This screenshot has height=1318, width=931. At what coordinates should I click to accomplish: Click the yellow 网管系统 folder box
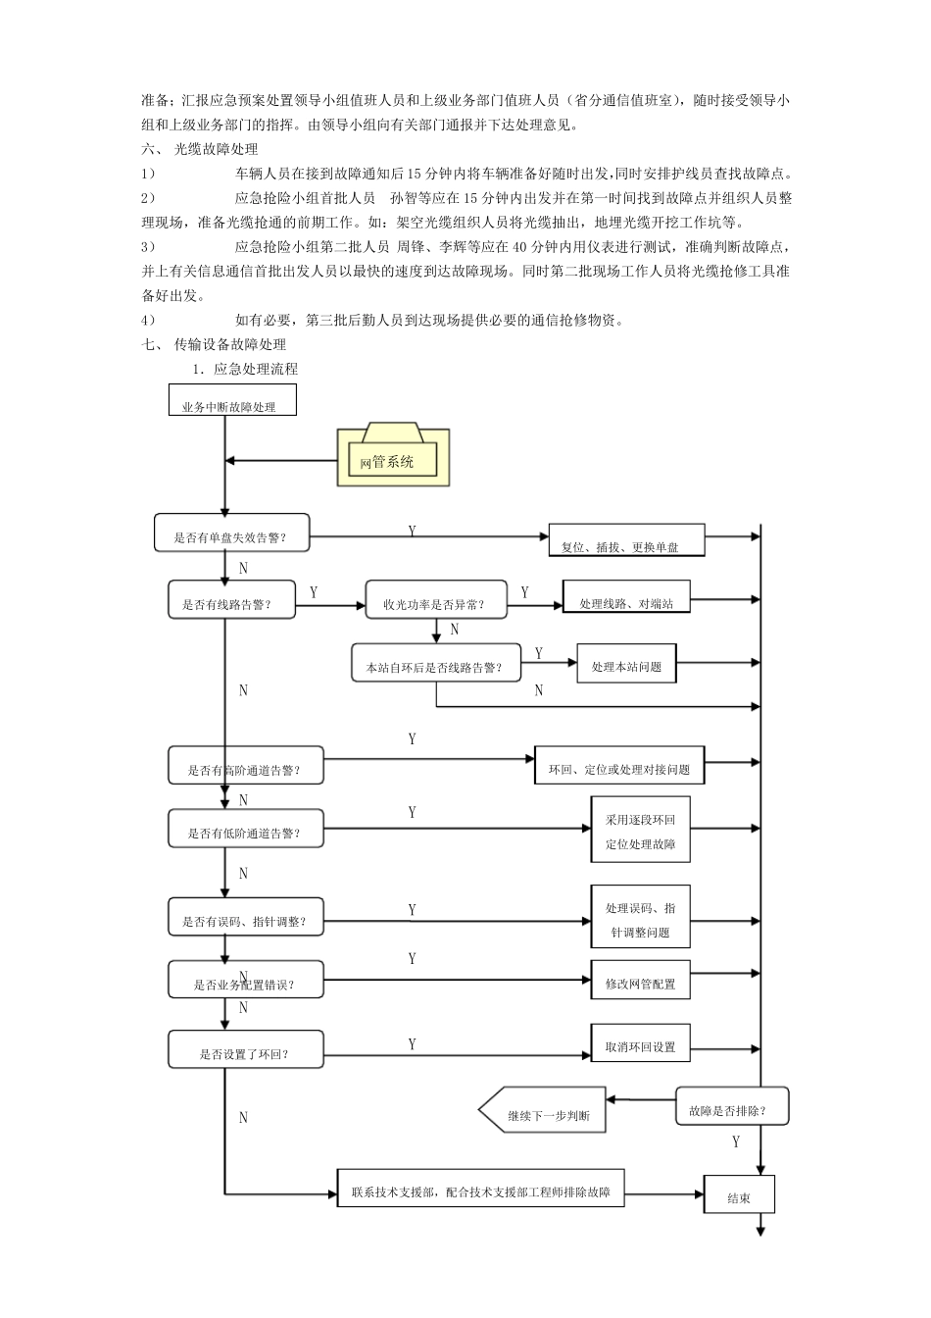click(x=393, y=454)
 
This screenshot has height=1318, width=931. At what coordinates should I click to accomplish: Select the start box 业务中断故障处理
click(x=232, y=399)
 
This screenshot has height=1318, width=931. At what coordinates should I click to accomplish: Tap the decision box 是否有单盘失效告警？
click(x=231, y=532)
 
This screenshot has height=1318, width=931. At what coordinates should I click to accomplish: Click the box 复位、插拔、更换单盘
click(x=626, y=540)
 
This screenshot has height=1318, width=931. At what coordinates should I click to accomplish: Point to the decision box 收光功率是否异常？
click(x=436, y=599)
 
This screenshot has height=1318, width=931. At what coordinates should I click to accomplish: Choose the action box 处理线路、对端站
click(x=626, y=596)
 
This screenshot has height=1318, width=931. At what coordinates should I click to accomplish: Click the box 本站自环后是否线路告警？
click(x=436, y=663)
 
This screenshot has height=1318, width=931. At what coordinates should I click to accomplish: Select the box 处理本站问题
click(x=626, y=663)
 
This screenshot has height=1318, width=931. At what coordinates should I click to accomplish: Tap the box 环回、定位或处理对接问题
click(x=619, y=765)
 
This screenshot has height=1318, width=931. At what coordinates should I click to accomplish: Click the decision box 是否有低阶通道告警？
click(x=246, y=829)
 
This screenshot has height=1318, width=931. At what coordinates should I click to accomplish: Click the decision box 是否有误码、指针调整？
click(x=246, y=917)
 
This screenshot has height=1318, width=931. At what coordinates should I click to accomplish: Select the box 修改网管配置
click(x=641, y=980)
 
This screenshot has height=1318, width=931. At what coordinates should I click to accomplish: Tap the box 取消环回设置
click(x=641, y=1043)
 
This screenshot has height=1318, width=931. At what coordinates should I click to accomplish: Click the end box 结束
click(x=739, y=1193)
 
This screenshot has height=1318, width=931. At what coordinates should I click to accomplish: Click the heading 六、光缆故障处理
click(x=199, y=149)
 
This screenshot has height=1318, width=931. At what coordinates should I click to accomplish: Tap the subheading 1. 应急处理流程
click(x=245, y=369)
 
